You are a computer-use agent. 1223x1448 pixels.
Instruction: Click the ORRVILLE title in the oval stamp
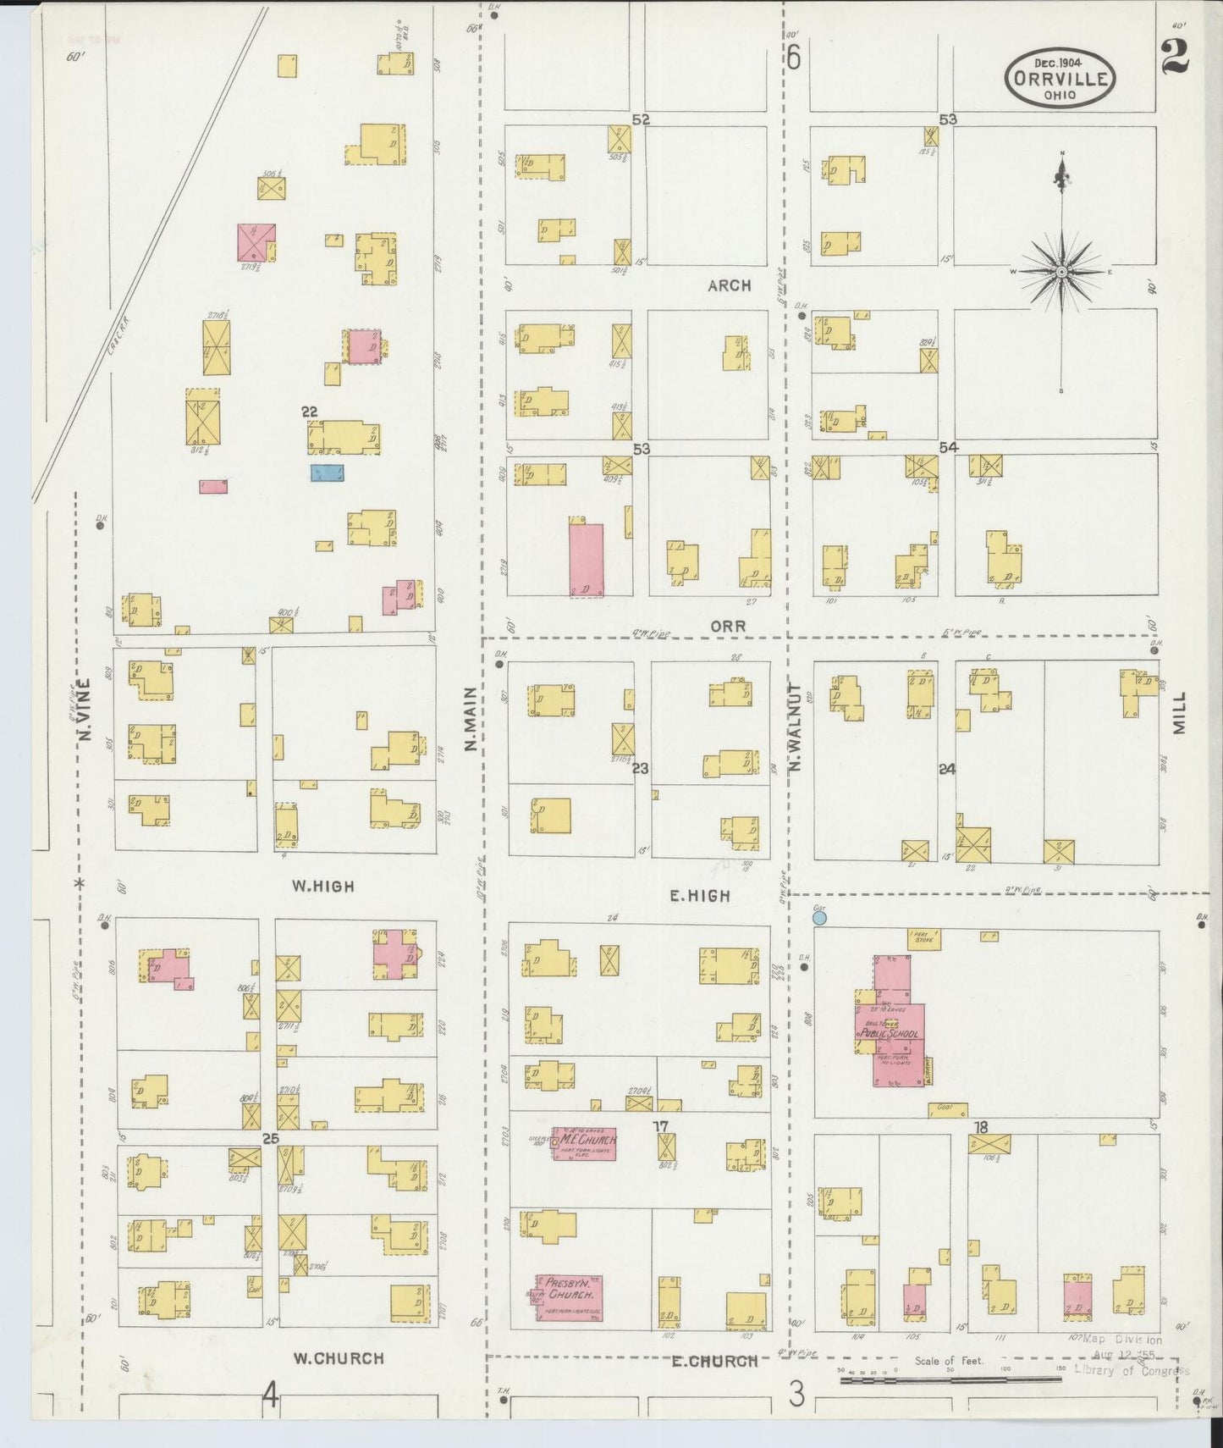1060,79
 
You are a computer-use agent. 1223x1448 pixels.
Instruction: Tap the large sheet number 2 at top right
1176,58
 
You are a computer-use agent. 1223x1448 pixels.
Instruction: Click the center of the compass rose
1061,271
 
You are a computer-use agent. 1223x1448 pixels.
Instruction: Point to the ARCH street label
729,286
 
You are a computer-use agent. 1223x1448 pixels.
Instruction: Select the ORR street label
728,626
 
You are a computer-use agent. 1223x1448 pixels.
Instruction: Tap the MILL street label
1179,712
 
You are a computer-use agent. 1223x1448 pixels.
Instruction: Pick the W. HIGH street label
323,887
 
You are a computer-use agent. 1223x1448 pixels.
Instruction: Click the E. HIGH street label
700,895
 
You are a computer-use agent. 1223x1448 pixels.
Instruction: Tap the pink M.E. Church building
584,1143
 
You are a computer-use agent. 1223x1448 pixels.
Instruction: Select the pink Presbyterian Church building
570,1298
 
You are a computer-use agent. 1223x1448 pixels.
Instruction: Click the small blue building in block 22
327,473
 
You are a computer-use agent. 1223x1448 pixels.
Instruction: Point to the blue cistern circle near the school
818,917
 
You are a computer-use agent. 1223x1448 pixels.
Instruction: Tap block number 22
310,412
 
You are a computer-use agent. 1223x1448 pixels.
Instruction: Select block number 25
270,1138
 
